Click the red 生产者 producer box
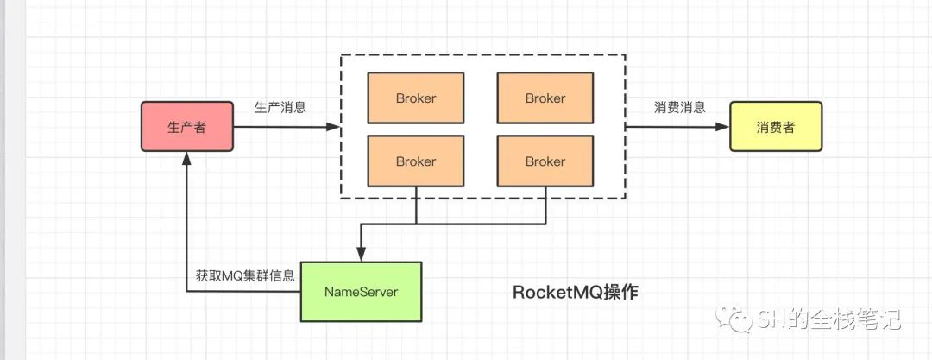186,127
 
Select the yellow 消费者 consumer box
776,127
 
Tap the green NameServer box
361,292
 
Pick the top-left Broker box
415,98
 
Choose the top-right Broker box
545,98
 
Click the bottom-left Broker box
415,161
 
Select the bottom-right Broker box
545,161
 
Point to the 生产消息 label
280,107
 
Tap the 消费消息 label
680,107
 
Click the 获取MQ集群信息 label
245,276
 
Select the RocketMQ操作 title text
576,292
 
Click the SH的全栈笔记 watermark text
830,319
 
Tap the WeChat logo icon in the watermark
735,319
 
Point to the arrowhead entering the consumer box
722,127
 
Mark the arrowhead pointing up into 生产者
186,159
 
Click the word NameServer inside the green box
361,292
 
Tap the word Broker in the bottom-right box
545,161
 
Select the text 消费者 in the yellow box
776,128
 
